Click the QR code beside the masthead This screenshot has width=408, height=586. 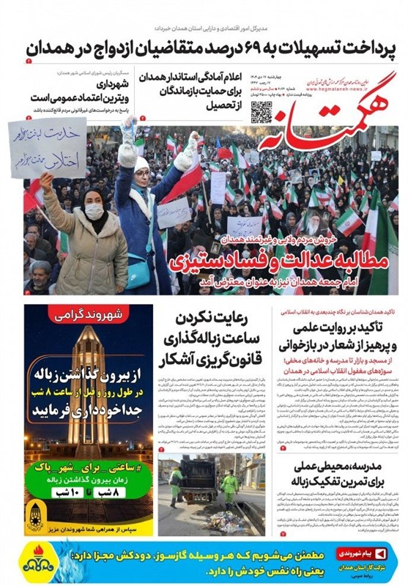[262, 112]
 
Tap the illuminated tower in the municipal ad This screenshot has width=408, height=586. [87, 381]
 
